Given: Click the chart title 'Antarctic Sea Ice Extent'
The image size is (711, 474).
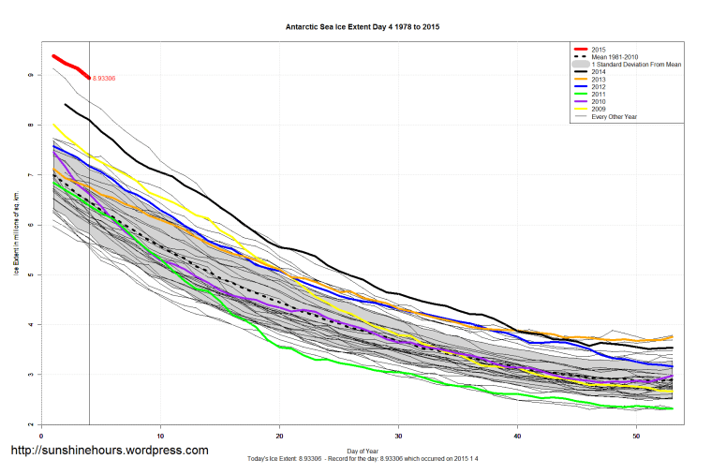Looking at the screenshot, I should pos(362,27).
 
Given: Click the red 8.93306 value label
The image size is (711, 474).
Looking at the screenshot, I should pos(106,79).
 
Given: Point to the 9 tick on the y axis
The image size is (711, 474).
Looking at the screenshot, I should pos(30,75).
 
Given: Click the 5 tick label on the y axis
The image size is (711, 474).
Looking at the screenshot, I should pos(30,274).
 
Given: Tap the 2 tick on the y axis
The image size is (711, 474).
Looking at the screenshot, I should pos(30,424).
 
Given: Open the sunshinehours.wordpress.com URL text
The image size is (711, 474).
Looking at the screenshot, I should pos(109,451).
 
